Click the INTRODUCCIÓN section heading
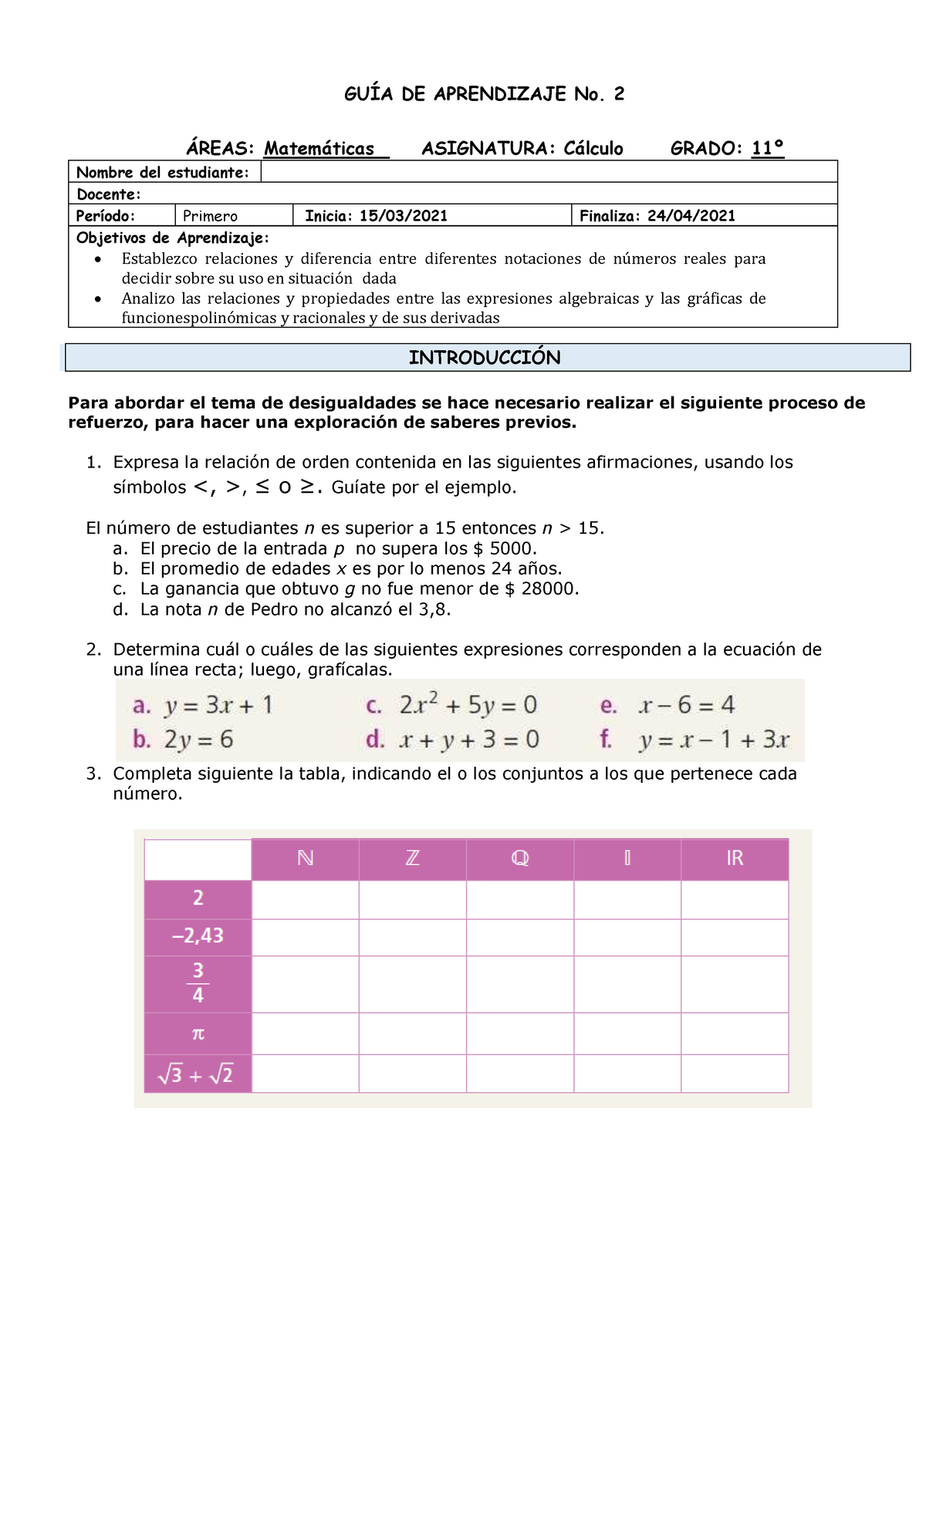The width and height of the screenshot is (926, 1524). [x=485, y=357]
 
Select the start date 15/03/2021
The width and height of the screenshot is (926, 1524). [x=403, y=216]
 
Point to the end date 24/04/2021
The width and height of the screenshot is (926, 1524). [x=691, y=216]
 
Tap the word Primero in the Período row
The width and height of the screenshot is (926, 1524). [x=210, y=216]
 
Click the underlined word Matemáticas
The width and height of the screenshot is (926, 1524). [x=319, y=149]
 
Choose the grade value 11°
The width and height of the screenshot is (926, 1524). [x=767, y=148]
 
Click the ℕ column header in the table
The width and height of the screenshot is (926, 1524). [x=305, y=858]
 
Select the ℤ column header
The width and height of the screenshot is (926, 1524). [x=412, y=858]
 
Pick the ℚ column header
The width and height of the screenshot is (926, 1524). [x=519, y=858]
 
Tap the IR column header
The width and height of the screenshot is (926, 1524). [x=734, y=858]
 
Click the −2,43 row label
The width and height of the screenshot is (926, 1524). [x=198, y=936]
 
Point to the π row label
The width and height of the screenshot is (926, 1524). [x=198, y=1033]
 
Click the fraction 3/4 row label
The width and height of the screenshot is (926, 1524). [x=198, y=983]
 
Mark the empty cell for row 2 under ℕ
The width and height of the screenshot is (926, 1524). [x=305, y=899]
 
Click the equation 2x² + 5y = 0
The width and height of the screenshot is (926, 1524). [x=468, y=705]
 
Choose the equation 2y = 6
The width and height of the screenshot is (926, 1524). [x=198, y=740]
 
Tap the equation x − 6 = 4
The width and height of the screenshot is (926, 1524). [x=687, y=705]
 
